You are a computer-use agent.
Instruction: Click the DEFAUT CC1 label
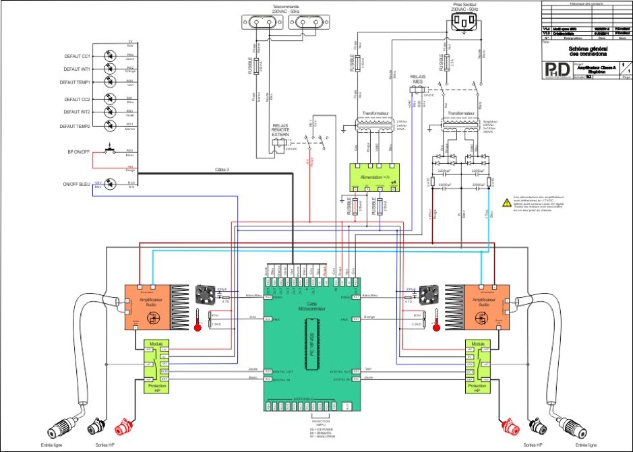[x=77, y=57]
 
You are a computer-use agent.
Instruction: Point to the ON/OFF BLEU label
[x=76, y=183]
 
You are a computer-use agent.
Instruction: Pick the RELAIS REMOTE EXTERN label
[x=280, y=130]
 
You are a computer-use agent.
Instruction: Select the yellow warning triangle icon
[x=506, y=201]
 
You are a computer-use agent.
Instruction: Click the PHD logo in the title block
[x=557, y=70]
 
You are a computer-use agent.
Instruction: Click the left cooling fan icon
[x=205, y=294]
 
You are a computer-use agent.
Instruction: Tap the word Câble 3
[x=222, y=169]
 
